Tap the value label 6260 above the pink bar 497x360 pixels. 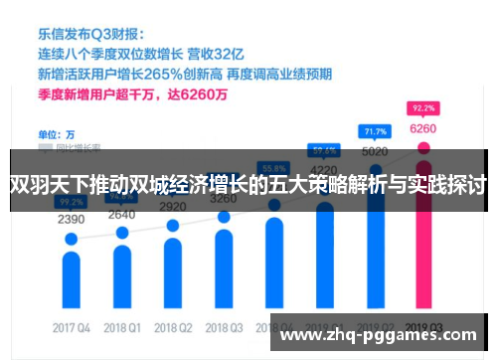tap(422, 128)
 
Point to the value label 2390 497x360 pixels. tap(71, 219)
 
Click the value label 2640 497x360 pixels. tap(121, 214)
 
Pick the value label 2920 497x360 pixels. tap(173, 206)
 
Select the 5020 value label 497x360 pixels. tap(374, 152)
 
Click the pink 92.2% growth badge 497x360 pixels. tap(422, 106)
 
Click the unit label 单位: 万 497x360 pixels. tap(56, 133)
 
